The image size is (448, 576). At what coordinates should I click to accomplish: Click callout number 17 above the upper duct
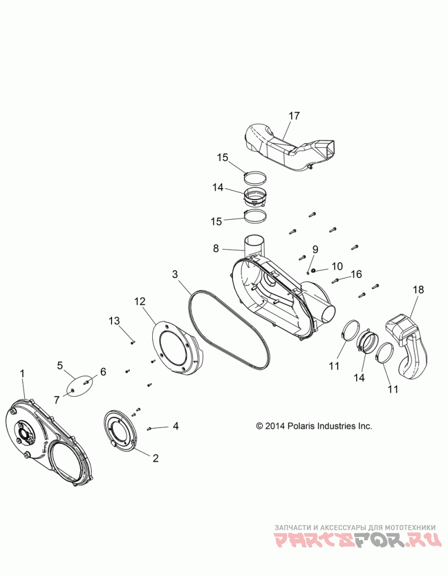click(294, 116)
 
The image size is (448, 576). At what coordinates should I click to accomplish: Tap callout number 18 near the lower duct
click(418, 290)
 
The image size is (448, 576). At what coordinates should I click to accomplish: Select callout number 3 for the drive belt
click(175, 274)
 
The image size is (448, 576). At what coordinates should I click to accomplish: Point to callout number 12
click(140, 301)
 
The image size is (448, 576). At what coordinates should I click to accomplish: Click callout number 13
click(114, 320)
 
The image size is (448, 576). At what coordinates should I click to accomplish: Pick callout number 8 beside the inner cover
click(216, 248)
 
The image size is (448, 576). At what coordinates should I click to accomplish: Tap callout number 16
click(356, 274)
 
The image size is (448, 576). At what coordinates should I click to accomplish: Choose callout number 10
click(337, 266)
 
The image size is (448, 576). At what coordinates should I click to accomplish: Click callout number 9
click(315, 249)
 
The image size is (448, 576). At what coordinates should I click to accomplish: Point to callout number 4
click(176, 426)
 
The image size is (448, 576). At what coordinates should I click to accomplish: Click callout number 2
click(155, 458)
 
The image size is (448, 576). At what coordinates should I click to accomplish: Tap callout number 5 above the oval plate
click(60, 365)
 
